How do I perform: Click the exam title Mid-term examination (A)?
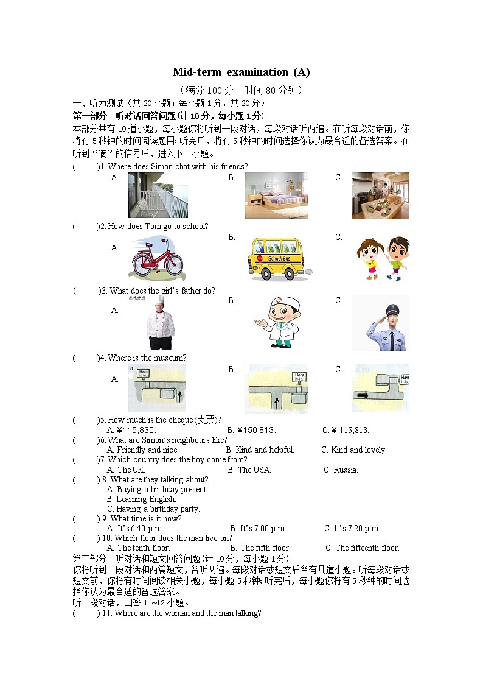click(241, 72)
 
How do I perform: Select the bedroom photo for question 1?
click(276, 195)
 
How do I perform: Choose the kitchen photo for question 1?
click(380, 195)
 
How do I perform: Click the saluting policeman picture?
click(380, 323)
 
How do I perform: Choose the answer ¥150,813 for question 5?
click(252, 431)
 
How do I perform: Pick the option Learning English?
click(141, 499)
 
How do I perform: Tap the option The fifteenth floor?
click(363, 548)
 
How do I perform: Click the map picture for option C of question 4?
click(380, 388)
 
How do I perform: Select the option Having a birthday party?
click(153, 509)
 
